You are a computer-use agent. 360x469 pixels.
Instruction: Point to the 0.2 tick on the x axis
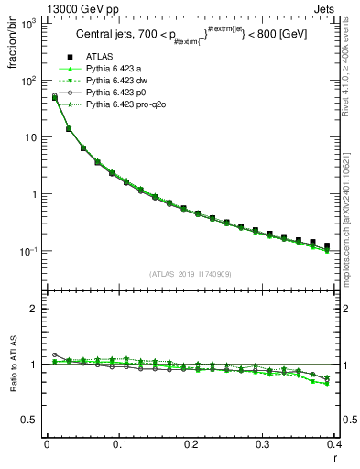tap(191, 443)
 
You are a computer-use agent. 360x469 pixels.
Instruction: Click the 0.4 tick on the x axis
tap(335, 443)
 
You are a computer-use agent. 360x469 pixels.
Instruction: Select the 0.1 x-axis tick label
tap(118, 443)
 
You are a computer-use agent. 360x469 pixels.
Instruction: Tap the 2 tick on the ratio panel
tap(33, 309)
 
